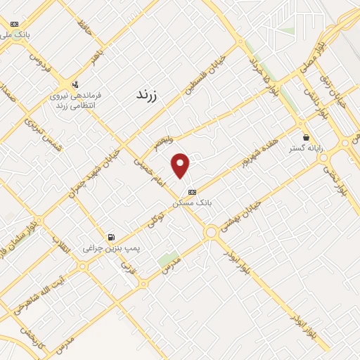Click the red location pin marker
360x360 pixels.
181,165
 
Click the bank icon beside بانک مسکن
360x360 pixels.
192,191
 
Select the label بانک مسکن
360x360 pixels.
192,202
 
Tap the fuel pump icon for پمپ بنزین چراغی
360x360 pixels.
110,237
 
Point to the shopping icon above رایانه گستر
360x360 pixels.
305,138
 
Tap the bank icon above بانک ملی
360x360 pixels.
14,24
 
